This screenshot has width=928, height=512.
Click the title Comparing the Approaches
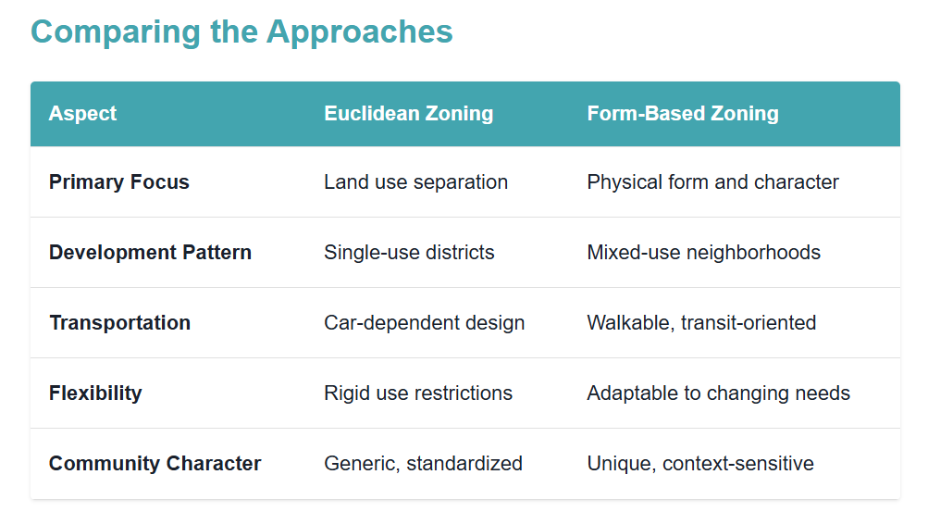point(241,32)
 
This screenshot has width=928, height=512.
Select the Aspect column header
point(83,113)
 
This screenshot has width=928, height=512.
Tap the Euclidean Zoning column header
point(408,113)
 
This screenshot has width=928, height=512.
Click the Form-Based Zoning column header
point(683,113)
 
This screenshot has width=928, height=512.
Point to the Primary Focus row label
point(119,181)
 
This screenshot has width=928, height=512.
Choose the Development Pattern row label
point(150,252)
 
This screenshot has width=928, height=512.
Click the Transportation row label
point(120,322)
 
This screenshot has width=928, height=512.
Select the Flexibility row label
point(95,393)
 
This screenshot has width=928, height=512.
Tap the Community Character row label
point(155,463)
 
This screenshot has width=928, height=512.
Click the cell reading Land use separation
point(416,182)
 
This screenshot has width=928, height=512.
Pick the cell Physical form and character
point(712,182)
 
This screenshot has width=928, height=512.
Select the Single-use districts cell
point(409,252)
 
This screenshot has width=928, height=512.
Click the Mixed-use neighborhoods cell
point(704,252)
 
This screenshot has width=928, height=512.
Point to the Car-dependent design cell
point(425,322)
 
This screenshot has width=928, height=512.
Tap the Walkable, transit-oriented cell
point(701,322)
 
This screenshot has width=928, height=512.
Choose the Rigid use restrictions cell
point(418,393)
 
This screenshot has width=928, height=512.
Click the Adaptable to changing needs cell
point(719,393)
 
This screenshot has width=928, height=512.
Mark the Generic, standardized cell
point(423,464)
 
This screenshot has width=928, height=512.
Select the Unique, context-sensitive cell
point(700,464)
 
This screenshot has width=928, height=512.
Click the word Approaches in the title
point(359,33)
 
